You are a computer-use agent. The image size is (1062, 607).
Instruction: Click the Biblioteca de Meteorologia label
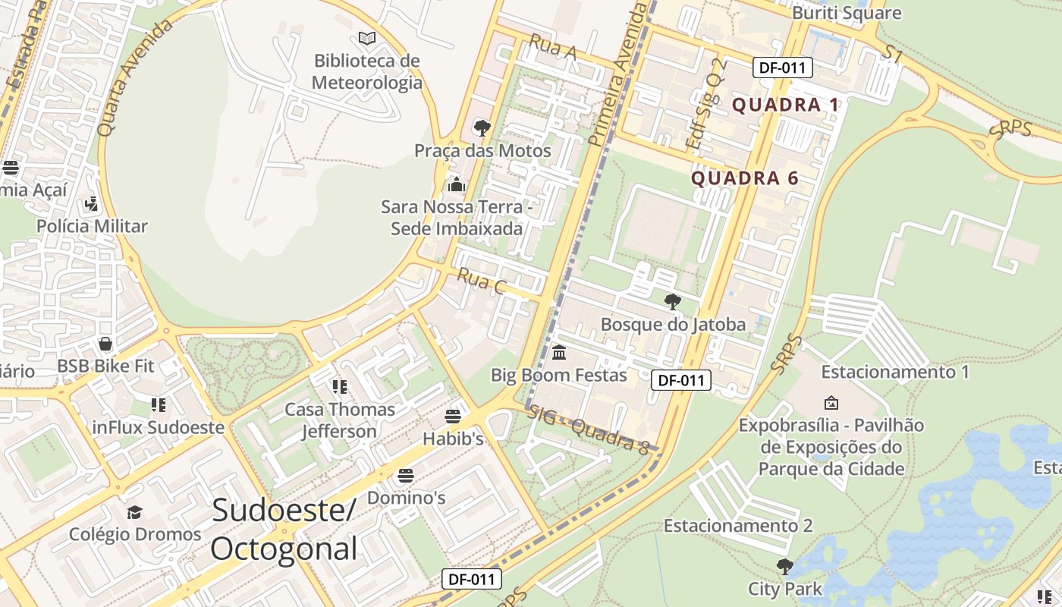coord(367,71)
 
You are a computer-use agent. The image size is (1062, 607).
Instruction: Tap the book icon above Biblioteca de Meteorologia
coord(367,37)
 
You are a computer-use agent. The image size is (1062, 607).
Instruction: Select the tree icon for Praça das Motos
coord(482,127)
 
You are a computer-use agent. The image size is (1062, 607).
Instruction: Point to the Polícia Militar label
coord(93,226)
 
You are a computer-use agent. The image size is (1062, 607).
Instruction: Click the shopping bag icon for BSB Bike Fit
coord(105,344)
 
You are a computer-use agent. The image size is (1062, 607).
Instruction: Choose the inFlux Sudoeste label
coord(159,427)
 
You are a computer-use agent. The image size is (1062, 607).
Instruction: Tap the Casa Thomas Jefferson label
coord(340,420)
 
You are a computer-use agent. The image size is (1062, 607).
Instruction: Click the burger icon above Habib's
coord(453,417)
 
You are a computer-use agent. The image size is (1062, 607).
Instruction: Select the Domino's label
coord(406,498)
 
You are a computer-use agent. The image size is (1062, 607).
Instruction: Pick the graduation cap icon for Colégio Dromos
coord(135,512)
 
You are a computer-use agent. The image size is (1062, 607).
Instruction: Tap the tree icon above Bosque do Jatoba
coord(672,302)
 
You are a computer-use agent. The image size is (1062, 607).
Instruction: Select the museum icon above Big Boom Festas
coord(559,353)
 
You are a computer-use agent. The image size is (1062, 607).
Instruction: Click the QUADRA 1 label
coord(786,105)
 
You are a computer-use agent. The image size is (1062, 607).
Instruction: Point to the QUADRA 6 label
coord(745,178)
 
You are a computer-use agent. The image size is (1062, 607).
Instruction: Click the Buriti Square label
coord(847,13)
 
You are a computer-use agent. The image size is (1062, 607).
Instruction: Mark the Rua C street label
coord(482,281)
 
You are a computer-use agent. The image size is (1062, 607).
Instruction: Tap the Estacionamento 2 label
coord(738,526)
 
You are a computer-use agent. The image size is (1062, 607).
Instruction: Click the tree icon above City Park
coord(785,566)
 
